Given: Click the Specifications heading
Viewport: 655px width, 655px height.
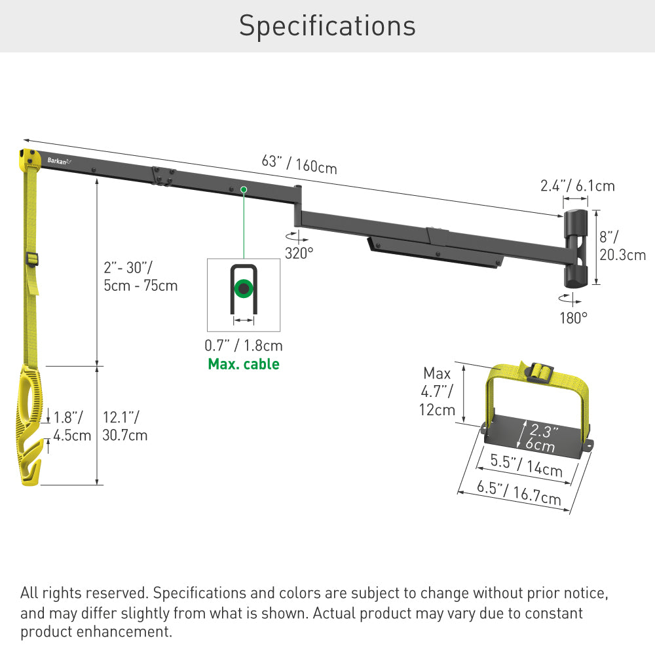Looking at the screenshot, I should pyautogui.click(x=327, y=26).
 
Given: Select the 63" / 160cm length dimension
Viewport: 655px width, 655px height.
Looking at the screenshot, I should pyautogui.click(x=299, y=164).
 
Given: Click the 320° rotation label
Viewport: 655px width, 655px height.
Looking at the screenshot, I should pyautogui.click(x=299, y=252).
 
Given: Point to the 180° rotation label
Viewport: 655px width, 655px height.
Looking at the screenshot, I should pyautogui.click(x=574, y=318).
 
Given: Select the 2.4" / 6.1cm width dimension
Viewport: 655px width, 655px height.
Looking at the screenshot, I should pyautogui.click(x=578, y=185).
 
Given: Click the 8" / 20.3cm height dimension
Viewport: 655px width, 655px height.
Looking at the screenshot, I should pyautogui.click(x=622, y=246).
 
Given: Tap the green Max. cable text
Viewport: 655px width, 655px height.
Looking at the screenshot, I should pyautogui.click(x=244, y=364).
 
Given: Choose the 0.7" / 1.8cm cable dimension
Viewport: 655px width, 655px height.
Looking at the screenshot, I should pyautogui.click(x=244, y=345).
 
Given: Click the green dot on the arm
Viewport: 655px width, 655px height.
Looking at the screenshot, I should pyautogui.click(x=243, y=189).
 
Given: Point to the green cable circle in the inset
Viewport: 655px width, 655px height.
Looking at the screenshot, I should pyautogui.click(x=244, y=288).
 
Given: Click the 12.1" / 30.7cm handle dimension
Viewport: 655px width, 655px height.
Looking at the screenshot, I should pyautogui.click(x=125, y=426).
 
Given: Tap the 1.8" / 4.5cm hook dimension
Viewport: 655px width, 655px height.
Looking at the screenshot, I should pyautogui.click(x=72, y=426).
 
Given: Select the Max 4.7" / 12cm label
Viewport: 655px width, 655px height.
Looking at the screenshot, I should pyautogui.click(x=438, y=392).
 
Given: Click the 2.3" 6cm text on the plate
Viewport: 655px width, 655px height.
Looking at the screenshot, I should pyautogui.click(x=542, y=438).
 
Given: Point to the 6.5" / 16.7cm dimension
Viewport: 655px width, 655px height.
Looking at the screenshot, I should pyautogui.click(x=517, y=491).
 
